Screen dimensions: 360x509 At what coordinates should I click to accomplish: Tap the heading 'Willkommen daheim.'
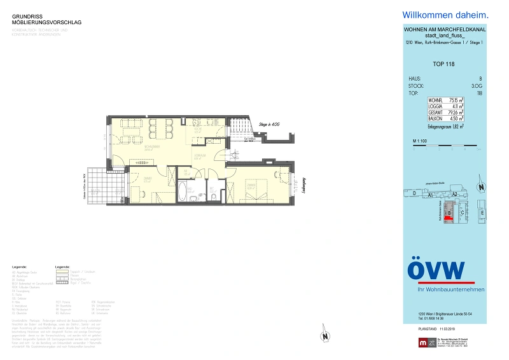(445, 15)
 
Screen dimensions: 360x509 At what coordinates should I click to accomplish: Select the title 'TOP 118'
(443, 64)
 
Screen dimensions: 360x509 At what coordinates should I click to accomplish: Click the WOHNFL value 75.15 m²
(456, 100)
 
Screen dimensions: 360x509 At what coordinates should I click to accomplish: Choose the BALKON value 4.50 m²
(456, 118)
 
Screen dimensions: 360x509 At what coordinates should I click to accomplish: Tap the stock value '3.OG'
(476, 85)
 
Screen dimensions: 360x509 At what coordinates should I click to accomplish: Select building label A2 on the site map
(454, 193)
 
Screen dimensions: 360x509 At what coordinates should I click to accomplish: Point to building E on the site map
(482, 211)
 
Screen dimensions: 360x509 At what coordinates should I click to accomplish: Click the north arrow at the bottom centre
(324, 335)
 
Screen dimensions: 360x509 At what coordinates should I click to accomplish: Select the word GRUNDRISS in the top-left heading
(26, 17)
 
